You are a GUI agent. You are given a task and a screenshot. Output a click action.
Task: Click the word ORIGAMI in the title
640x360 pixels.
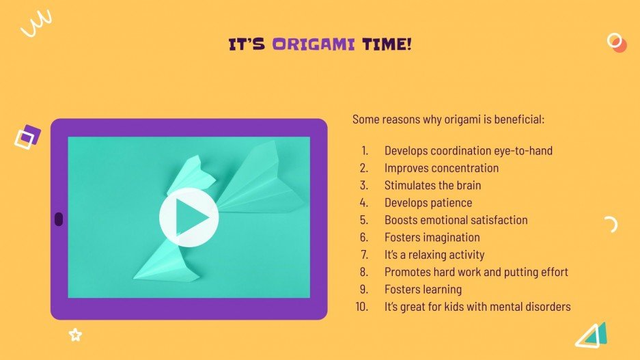(x=314, y=45)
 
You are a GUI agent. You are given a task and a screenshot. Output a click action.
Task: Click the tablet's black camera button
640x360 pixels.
(x=59, y=219)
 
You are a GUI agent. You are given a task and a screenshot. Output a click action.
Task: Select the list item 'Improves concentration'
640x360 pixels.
(x=441, y=168)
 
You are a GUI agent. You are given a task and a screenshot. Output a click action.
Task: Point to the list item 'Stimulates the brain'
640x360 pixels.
(x=432, y=185)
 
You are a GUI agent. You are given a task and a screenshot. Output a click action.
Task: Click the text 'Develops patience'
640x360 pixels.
(x=428, y=202)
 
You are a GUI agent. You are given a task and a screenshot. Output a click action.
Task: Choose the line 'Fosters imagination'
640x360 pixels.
(x=432, y=237)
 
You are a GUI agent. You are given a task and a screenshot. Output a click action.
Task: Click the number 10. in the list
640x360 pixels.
(x=362, y=307)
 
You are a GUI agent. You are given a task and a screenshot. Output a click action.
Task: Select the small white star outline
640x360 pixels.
(x=75, y=335)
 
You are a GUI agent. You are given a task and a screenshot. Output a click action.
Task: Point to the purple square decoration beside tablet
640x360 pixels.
(x=28, y=137)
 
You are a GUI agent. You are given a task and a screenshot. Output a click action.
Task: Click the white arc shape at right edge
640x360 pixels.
(x=611, y=224)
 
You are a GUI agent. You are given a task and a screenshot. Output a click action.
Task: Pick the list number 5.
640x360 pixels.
(x=364, y=220)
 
